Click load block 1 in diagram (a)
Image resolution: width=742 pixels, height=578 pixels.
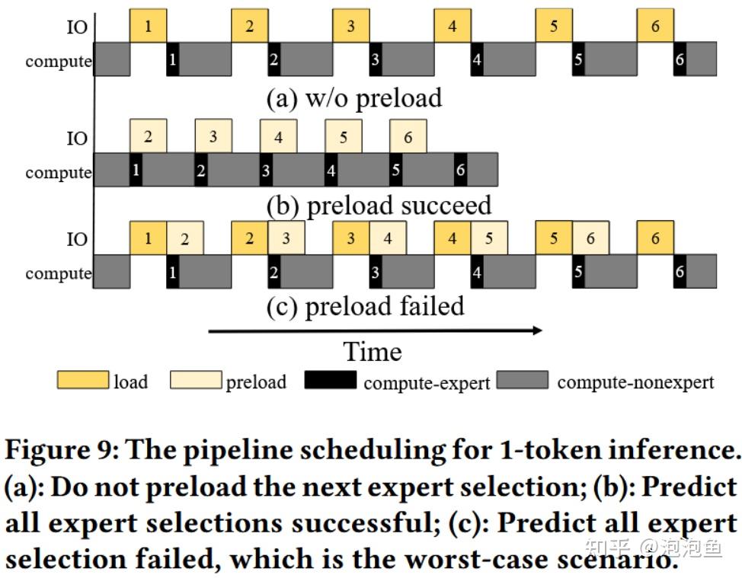[148, 27]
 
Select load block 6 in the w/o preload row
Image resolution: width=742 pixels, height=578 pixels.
[655, 27]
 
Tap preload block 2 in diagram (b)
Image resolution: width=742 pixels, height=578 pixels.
[148, 137]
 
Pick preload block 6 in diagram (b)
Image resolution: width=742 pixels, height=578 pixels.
[408, 137]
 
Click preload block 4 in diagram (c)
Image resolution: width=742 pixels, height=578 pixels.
[388, 238]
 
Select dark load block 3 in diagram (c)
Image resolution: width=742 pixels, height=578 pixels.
[350, 238]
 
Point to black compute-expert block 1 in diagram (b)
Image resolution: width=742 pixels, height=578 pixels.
[136, 170]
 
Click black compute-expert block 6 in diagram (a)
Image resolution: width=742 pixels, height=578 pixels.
[680, 60]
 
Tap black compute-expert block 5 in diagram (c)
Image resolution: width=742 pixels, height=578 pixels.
[578, 272]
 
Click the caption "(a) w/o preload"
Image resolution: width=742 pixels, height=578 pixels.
[353, 98]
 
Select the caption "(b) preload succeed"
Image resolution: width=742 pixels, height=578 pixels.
[379, 206]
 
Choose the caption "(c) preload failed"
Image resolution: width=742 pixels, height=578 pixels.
[365, 306]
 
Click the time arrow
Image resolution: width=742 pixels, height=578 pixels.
[374, 331]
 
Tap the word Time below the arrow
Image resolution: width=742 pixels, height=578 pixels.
[372, 352]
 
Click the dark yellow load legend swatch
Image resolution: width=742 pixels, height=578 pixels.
[82, 380]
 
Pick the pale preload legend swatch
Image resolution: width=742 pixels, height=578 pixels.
[195, 380]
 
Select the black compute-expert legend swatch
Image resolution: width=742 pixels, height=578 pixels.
[330, 380]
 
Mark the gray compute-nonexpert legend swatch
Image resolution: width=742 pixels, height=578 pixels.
[522, 380]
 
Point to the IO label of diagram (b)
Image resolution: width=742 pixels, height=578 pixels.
[77, 139]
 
